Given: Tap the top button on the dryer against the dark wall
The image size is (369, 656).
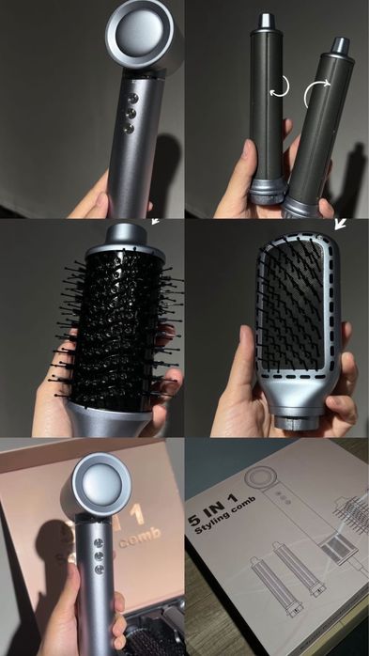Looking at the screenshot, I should (131, 97).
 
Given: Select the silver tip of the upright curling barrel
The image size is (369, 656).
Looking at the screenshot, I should (266, 20).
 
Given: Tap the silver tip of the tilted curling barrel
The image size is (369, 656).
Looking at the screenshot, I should (340, 44).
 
